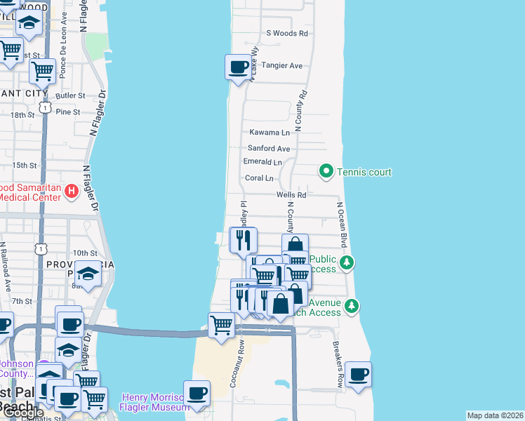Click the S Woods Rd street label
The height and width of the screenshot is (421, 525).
pos(287,33)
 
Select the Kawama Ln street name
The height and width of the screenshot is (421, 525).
pos(270,133)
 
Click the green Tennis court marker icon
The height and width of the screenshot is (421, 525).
pos(326,171)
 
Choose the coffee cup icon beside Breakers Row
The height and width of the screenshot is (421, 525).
pos(358,375)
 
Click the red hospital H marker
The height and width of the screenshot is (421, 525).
pos(70,191)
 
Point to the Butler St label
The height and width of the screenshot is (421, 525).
pos(70,95)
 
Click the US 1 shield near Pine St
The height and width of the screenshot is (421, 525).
pos(44,107)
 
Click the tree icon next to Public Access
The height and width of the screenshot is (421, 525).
pos(346,263)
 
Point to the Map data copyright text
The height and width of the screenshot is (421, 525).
pos(495,415)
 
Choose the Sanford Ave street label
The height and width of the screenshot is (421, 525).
pos(269,149)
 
